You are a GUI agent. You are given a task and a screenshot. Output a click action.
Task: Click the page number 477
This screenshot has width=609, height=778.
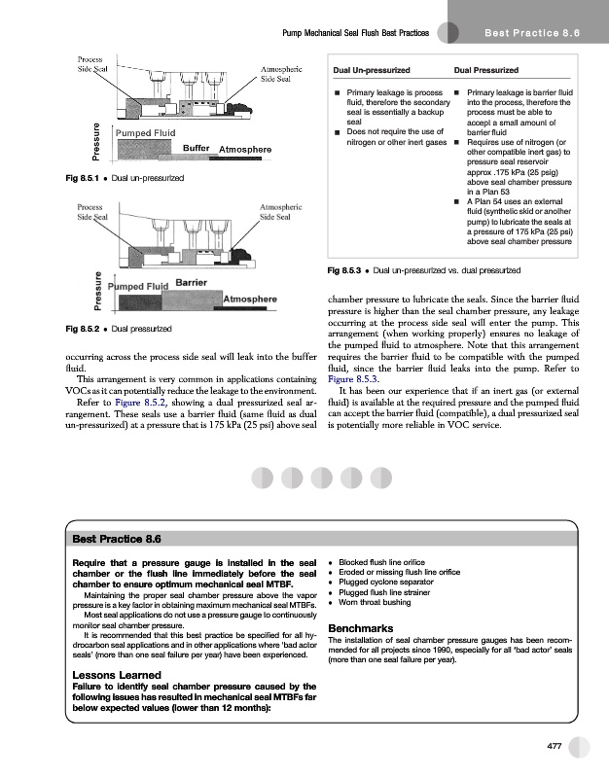555,746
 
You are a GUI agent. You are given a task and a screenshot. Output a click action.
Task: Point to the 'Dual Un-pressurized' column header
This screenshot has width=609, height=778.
371,71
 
